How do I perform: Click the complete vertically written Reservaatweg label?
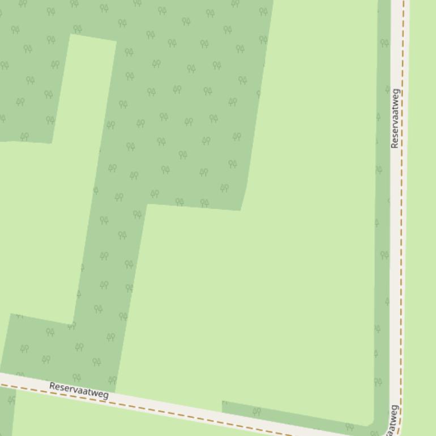tap(395, 118)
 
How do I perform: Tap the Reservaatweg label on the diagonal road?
tap(79, 390)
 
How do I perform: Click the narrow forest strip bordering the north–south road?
tap(383, 226)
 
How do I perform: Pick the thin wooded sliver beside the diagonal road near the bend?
tap(294, 415)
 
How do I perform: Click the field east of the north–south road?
tap(422, 226)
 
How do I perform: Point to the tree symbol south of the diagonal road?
tap(11, 400)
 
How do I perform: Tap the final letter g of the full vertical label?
tap(396, 92)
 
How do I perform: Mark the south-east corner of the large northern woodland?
tap(241, 209)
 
